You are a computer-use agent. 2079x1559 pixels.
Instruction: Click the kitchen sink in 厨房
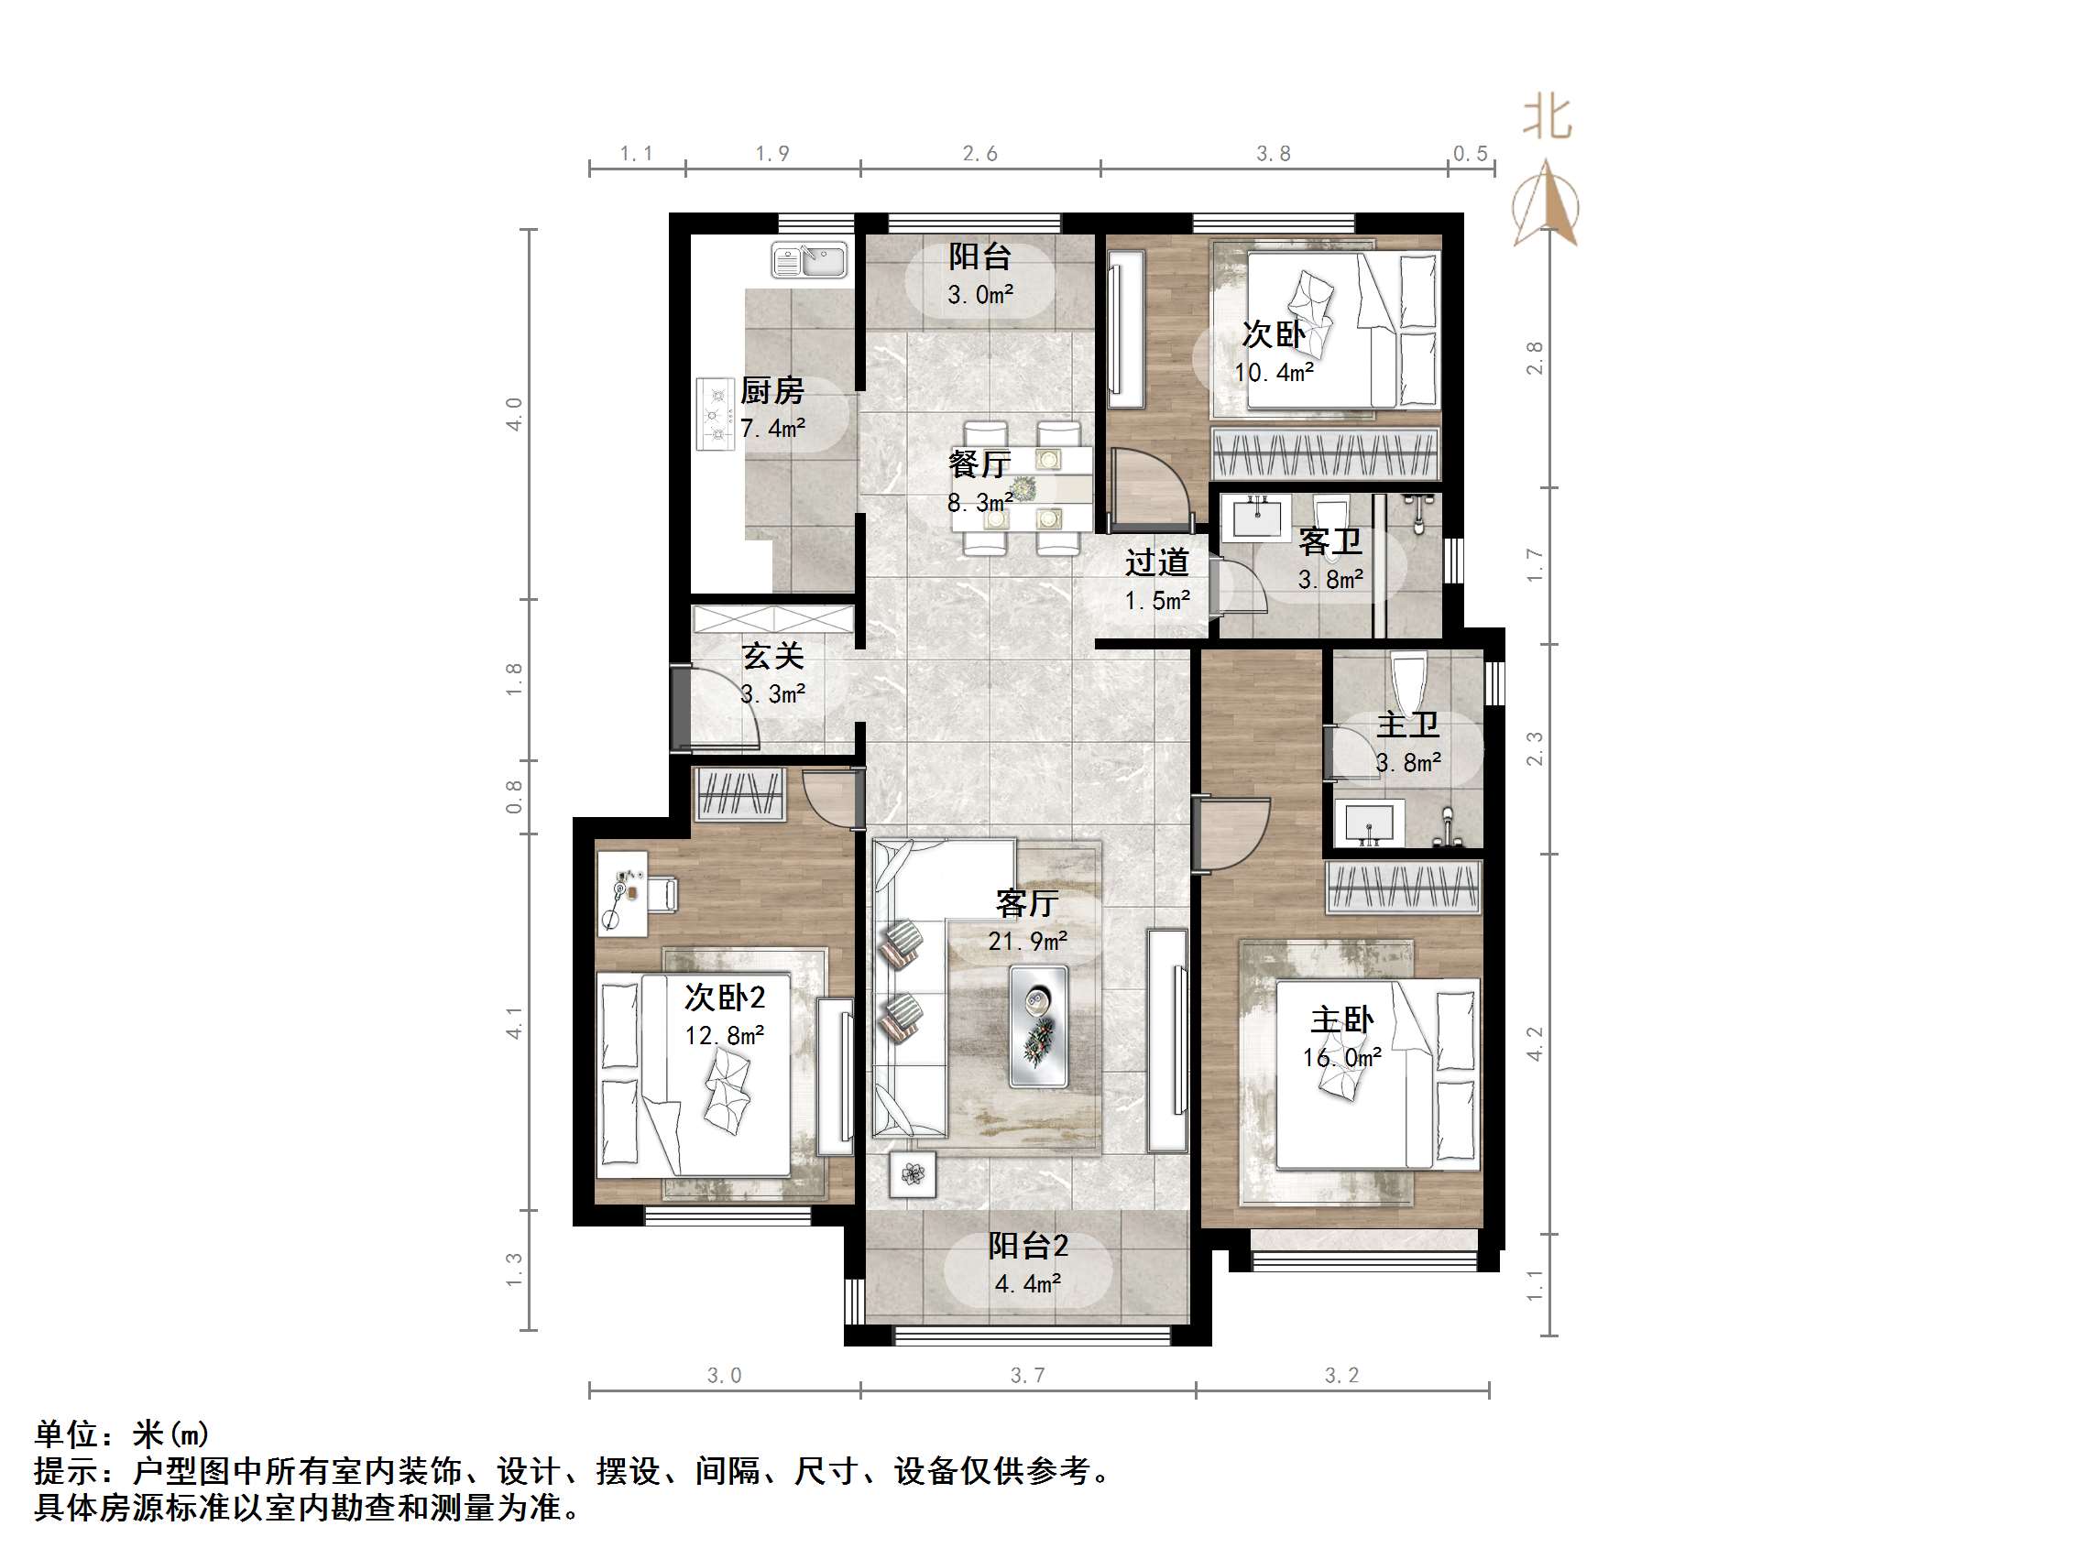coord(809,260)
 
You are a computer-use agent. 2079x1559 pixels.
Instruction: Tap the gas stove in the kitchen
coord(717,414)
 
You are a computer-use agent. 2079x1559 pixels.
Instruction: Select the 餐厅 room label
coord(979,464)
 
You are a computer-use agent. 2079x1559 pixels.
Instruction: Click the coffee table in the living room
coord(1038,1026)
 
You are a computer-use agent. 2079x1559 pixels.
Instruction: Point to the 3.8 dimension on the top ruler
coord(1274,153)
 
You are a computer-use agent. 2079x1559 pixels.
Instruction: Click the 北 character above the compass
coord(1547,118)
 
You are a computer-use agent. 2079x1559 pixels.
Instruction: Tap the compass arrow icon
coord(1546,205)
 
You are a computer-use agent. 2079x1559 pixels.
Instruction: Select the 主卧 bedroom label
coord(1342,1019)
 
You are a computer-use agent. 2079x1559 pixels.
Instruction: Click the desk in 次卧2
coord(622,893)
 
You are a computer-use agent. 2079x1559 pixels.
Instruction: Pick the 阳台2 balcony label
coord(1027,1246)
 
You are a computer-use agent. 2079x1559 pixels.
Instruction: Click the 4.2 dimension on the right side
coord(1534,1043)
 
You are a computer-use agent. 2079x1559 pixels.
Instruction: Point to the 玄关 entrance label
coord(772,656)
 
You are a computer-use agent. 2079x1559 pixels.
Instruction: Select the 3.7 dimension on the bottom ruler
coord(1027,1376)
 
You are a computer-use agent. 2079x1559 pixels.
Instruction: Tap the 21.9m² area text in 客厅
coord(1027,941)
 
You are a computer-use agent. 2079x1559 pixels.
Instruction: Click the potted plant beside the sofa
coord(913,1173)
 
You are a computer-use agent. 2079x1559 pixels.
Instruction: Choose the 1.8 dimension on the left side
coord(514,679)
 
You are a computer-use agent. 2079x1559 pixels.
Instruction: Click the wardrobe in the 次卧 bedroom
coord(1325,452)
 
